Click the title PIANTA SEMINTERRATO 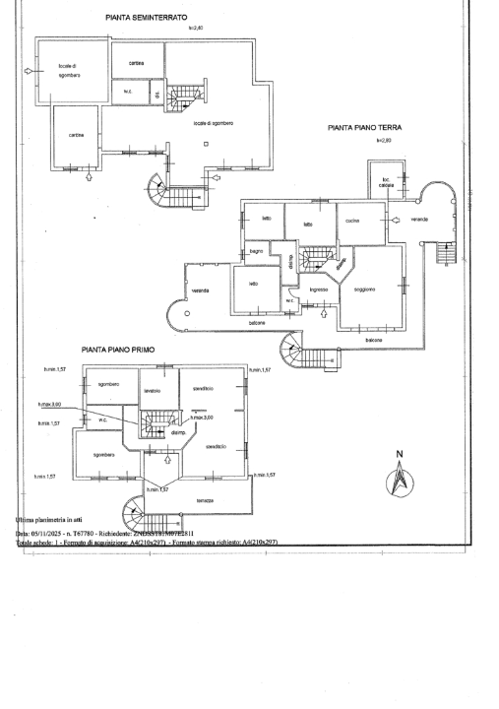147,18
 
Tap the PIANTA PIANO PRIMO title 118,350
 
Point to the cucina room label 351,221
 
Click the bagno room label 255,253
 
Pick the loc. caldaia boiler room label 377,181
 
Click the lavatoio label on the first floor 152,391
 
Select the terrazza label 205,500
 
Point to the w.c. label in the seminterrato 128,94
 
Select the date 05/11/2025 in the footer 50,533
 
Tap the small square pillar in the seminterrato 205,144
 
